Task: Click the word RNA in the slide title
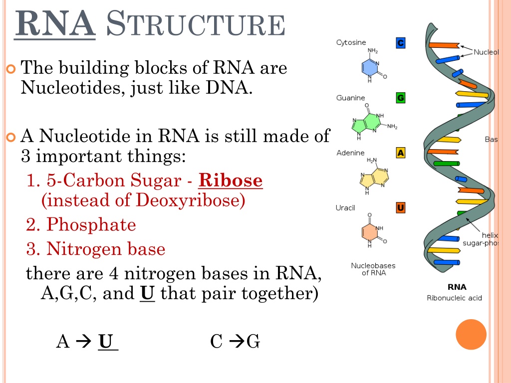[55, 23]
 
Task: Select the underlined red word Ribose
[231, 180]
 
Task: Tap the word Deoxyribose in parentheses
[187, 200]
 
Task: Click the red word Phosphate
[91, 224]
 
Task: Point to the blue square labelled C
[401, 43]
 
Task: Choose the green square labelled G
[401, 98]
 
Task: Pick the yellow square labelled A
[401, 153]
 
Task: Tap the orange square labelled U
[401, 207]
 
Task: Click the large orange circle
[471, 335]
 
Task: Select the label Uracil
[345, 208]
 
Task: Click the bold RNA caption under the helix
[457, 287]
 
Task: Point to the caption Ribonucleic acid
[454, 298]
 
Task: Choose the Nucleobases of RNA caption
[373, 269]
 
